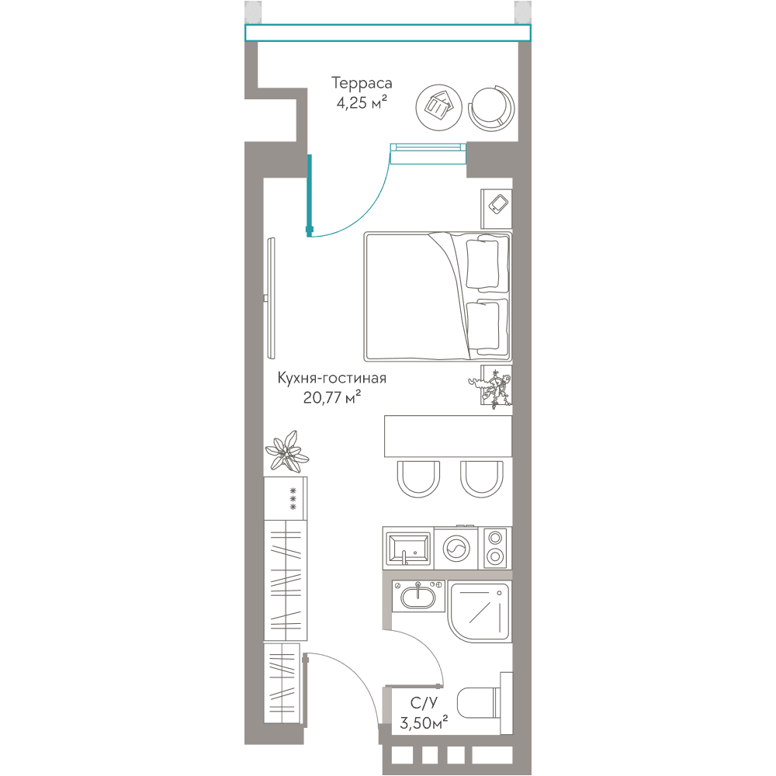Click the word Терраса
(x=362, y=83)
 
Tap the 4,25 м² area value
(x=362, y=103)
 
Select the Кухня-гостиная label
(x=331, y=378)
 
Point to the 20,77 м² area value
(x=331, y=397)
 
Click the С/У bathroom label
(x=424, y=703)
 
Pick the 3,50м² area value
(x=424, y=722)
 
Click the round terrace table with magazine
(x=438, y=107)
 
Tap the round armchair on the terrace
(x=491, y=108)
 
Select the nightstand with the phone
(x=497, y=208)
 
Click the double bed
(x=438, y=296)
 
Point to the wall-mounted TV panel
(x=270, y=299)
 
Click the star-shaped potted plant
(x=287, y=451)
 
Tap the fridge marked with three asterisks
(x=286, y=498)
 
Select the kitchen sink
(x=408, y=549)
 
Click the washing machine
(x=456, y=548)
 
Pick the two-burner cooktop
(x=495, y=548)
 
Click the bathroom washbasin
(x=418, y=596)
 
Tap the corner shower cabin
(x=480, y=611)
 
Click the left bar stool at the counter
(x=418, y=479)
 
